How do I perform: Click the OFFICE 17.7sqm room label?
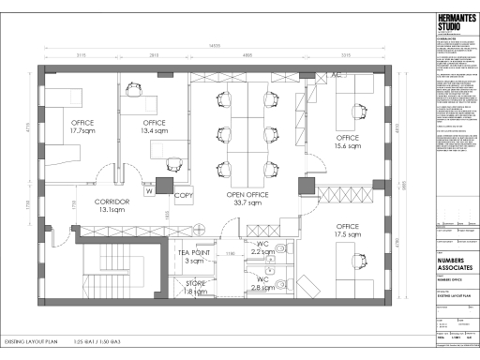click(x=83, y=127)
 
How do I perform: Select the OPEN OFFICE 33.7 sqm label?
click(x=248, y=198)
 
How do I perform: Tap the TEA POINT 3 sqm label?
click(x=194, y=256)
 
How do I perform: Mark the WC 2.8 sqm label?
click(x=263, y=284)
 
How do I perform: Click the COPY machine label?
click(x=184, y=196)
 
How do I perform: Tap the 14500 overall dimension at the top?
click(x=215, y=46)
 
